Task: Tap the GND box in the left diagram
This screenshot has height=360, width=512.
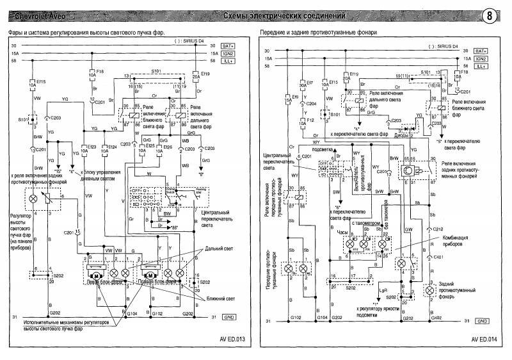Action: [229, 317]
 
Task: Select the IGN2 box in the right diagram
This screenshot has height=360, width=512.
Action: [482, 58]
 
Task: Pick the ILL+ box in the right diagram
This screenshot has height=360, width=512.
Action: [482, 67]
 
